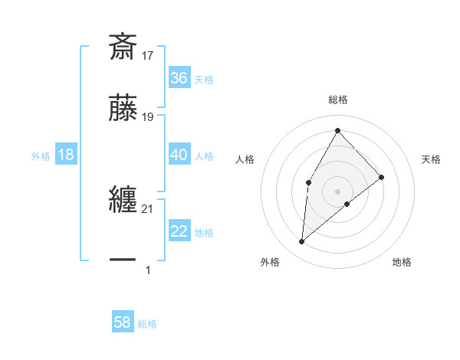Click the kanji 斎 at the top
[x=123, y=47]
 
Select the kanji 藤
[x=123, y=110]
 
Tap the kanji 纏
[x=123, y=201]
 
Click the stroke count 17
[x=148, y=55]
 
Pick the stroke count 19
[x=148, y=117]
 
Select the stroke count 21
[x=148, y=208]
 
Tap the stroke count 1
[x=148, y=270]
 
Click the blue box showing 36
[x=179, y=77]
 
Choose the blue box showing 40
[x=179, y=155]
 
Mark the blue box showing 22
[x=179, y=231]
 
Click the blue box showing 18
[x=66, y=155]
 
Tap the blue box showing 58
[x=123, y=322]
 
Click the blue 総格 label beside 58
[x=147, y=324]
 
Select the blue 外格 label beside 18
[x=41, y=156]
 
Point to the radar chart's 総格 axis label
[x=337, y=100]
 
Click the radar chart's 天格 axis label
[x=432, y=159]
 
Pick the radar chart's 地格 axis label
[x=402, y=263]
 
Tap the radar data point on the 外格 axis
[x=302, y=242]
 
